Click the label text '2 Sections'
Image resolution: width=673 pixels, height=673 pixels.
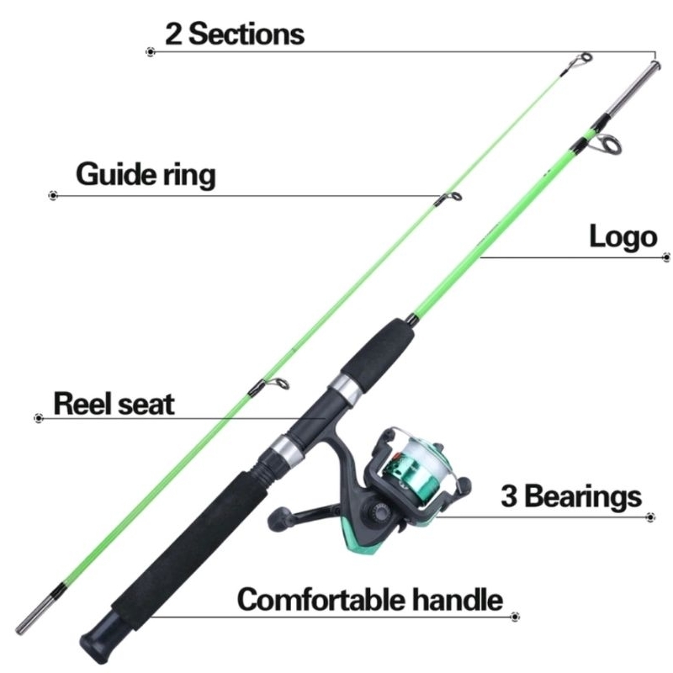point(235,34)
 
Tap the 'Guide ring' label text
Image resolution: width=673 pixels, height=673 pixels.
point(146,174)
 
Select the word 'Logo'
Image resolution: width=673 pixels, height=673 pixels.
point(623,236)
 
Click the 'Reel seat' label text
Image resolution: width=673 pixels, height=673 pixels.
point(114,404)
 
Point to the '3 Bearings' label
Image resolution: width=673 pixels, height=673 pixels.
point(571,495)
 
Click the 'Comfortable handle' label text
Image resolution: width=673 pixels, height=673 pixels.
point(369,599)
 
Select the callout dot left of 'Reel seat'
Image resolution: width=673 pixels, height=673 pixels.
point(39,417)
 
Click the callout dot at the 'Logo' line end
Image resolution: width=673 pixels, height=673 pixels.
point(666,257)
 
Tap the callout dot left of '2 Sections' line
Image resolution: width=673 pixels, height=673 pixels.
point(151,52)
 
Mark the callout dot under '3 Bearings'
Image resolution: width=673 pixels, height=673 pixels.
point(650,517)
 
